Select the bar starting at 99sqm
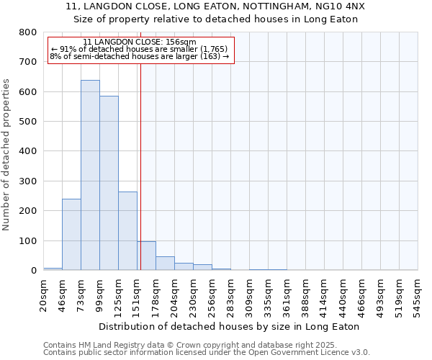109,183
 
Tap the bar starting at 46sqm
71,234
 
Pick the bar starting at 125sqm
127,230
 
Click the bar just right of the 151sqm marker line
147,256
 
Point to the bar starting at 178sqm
165,264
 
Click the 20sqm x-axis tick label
44,296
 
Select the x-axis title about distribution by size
228,326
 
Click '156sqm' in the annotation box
179,42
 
